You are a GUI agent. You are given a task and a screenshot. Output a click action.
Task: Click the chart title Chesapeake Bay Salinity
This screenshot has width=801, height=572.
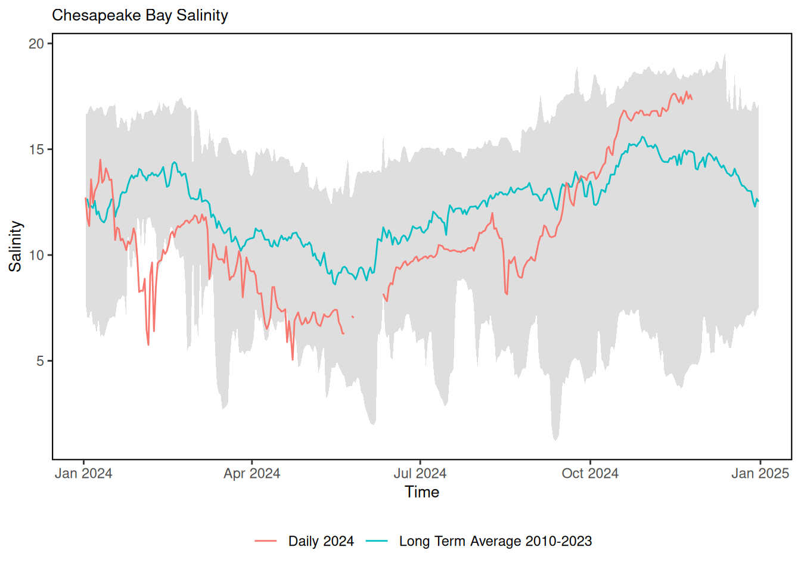(140, 15)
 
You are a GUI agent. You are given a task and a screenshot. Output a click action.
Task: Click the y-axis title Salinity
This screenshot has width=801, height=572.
(15, 246)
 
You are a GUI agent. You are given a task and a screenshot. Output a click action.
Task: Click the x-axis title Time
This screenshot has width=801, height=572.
(422, 492)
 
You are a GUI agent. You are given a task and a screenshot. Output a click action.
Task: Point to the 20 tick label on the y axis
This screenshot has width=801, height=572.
(36, 43)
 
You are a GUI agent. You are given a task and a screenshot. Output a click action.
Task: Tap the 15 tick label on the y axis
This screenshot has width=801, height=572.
(36, 150)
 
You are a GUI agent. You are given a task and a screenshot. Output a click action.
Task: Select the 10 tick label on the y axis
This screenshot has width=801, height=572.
(36, 255)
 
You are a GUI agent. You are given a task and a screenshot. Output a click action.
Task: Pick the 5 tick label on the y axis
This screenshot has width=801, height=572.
(40, 361)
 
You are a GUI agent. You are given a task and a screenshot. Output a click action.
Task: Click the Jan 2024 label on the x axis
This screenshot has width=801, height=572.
(83, 474)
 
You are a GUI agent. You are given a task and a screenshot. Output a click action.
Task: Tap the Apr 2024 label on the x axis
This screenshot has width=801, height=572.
(252, 474)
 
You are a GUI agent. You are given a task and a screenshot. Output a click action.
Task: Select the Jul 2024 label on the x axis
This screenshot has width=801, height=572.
(420, 474)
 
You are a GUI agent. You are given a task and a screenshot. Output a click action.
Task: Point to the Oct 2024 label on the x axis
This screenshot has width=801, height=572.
(590, 474)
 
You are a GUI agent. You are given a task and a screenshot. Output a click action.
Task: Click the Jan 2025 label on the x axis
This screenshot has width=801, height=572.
(760, 474)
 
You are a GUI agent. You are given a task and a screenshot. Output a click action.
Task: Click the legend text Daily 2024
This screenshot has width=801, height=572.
(321, 541)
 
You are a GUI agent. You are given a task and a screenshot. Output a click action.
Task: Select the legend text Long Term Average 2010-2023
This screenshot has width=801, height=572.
(495, 541)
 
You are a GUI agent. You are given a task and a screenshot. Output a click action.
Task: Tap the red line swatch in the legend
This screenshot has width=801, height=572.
(266, 541)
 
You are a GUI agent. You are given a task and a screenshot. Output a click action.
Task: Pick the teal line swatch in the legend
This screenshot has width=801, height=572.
(377, 541)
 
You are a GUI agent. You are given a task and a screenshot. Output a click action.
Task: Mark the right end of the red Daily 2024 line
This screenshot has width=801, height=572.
(691, 99)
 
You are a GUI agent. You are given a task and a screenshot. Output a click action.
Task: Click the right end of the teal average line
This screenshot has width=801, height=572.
(758, 201)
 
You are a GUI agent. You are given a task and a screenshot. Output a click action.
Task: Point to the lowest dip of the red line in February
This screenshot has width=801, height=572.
(148, 344)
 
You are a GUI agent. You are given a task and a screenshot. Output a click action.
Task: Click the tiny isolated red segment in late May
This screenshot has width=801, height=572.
(353, 316)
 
